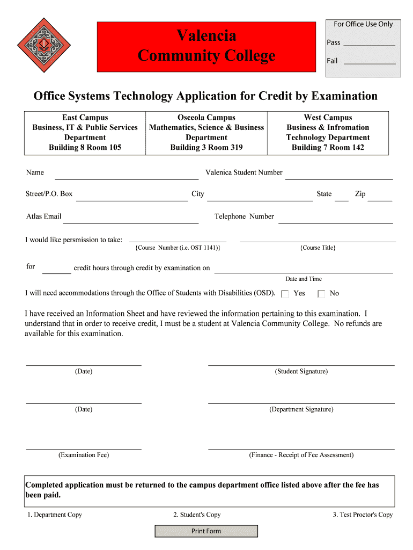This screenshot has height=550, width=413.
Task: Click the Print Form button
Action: pyautogui.click(x=206, y=531)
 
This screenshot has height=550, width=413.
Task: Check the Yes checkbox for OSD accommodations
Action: pyautogui.click(x=285, y=294)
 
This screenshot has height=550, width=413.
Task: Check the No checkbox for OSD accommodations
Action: pyautogui.click(x=321, y=294)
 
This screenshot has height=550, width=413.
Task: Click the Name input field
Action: pyautogui.click(x=127, y=174)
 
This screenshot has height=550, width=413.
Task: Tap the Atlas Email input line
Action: pyautogui.click(x=131, y=218)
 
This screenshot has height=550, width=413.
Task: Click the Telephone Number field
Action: pyautogui.click(x=335, y=218)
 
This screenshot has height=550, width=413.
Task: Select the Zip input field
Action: pyautogui.click(x=380, y=196)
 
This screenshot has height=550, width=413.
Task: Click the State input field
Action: pyautogui.click(x=341, y=196)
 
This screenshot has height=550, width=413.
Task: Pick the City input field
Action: pyautogui.click(x=260, y=196)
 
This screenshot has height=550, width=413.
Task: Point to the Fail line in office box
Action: pyautogui.click(x=369, y=61)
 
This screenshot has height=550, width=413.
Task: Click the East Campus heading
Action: pyautogui.click(x=85, y=118)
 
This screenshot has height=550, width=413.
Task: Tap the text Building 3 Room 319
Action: pyautogui.click(x=206, y=147)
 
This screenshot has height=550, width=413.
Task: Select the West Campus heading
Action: pyautogui.click(x=328, y=118)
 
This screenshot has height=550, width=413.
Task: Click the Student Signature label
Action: pyautogui.click(x=301, y=372)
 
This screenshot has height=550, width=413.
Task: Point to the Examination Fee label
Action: pyautogui.click(x=84, y=455)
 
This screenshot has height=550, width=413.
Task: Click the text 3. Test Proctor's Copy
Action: pyautogui.click(x=363, y=515)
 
